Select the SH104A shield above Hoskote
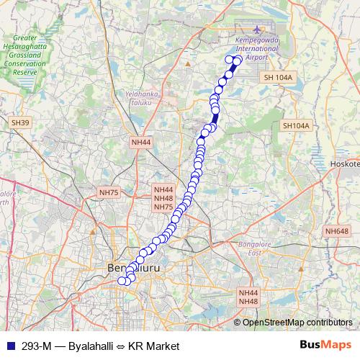tap(296, 125)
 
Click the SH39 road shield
tap(20, 123)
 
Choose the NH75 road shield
tap(109, 192)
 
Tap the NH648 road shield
tap(336, 231)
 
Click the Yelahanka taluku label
tap(141, 98)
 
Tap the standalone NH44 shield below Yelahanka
tap(141, 143)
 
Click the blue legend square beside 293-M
tap(9, 346)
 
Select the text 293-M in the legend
tap(36, 346)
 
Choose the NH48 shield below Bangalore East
tap(248, 300)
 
